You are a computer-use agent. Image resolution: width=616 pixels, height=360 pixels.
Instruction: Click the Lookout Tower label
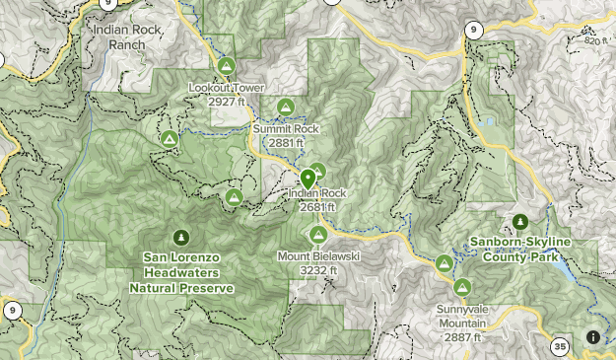226,88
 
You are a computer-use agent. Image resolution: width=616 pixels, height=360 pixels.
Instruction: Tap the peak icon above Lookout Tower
226,66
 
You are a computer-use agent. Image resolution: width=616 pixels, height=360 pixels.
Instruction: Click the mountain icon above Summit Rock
286,107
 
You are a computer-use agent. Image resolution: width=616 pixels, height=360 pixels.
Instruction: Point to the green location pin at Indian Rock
308,179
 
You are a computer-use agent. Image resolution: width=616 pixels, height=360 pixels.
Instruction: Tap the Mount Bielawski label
317,256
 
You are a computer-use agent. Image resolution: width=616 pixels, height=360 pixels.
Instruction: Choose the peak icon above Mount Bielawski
318,235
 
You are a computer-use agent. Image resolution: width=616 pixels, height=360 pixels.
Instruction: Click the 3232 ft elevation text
318,270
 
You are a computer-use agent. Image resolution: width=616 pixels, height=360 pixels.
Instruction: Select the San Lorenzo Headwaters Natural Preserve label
181,272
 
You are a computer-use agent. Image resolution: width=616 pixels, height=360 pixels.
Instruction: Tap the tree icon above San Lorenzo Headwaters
180,237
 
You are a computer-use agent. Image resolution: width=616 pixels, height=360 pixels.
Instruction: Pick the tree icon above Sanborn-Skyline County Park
520,222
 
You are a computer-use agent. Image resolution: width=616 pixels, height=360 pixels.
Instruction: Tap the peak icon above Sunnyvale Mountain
462,287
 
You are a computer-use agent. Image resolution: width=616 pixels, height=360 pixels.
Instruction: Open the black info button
593,337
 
